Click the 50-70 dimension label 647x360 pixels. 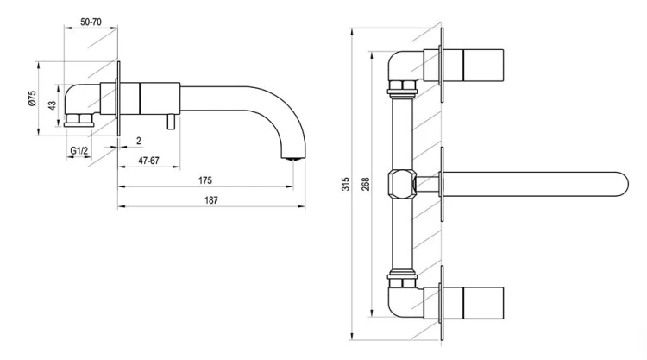[x=91, y=22]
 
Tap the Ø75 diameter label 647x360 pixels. [x=32, y=98]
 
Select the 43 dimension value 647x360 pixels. [x=52, y=105]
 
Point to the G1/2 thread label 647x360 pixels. [x=79, y=151]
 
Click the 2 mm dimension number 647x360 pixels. [x=139, y=141]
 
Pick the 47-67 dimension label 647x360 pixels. [x=148, y=161]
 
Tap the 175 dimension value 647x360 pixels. [x=205, y=180]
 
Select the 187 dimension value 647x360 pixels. [x=210, y=200]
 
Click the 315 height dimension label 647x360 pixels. [x=346, y=184]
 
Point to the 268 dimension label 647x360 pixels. [x=366, y=184]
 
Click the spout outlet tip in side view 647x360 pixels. [x=293, y=158]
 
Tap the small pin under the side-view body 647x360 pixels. [x=171, y=123]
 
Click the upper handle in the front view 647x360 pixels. [x=483, y=66]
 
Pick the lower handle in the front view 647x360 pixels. [x=483, y=303]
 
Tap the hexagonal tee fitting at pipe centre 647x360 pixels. [x=401, y=184]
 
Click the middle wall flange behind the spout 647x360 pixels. [x=442, y=184]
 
